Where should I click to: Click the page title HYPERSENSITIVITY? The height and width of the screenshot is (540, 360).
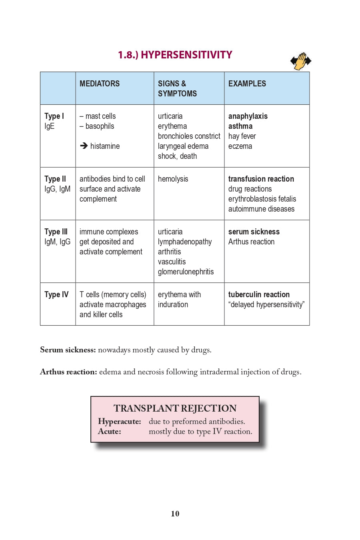pos(175,55)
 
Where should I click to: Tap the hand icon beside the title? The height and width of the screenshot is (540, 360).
pos(301,61)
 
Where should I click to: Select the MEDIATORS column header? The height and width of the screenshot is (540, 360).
pos(100,84)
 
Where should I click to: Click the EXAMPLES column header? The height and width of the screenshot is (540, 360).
pos(247,84)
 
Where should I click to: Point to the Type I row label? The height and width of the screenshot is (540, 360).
pos(54,116)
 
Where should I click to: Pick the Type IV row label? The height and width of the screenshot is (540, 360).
pos(56,294)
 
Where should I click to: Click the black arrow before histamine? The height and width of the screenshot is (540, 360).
pos(84,146)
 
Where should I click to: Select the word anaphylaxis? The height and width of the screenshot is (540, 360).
pos(248,116)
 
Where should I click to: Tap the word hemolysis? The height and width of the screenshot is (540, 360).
pos(173,179)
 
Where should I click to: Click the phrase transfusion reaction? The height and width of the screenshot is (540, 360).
pos(261,179)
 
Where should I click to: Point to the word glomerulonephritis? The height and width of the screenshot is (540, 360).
pos(186,272)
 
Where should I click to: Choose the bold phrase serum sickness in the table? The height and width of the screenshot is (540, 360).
pos(254,232)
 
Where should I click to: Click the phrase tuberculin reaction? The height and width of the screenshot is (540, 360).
pos(259,294)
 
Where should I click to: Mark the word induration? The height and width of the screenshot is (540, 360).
pos(173,304)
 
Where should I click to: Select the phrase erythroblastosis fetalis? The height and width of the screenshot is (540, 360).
pos(262,199)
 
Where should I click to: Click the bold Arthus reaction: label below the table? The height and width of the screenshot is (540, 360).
pos(68,372)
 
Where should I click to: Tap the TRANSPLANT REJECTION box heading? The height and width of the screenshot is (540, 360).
pos(175,408)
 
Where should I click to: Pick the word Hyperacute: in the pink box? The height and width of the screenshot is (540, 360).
pos(119,421)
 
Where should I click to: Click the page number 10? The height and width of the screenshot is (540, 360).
pos(175,514)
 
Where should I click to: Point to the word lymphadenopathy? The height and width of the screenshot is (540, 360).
pos(185,242)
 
